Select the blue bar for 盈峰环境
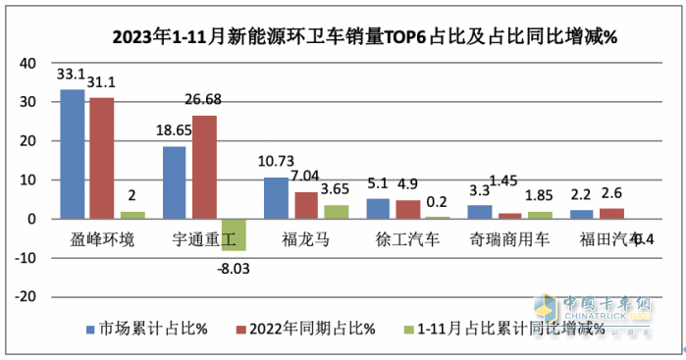(x=72, y=154)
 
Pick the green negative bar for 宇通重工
(x=233, y=234)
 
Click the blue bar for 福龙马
(x=277, y=198)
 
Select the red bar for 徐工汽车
(x=408, y=209)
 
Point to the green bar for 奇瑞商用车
(x=539, y=215)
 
